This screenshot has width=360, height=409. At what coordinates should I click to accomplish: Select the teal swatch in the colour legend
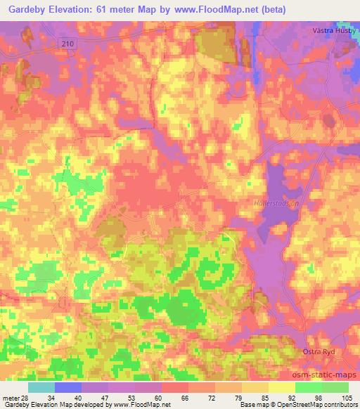tap(41, 387)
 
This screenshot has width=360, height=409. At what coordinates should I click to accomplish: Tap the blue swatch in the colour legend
tap(68, 387)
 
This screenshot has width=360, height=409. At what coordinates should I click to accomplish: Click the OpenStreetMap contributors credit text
tap(318, 405)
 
